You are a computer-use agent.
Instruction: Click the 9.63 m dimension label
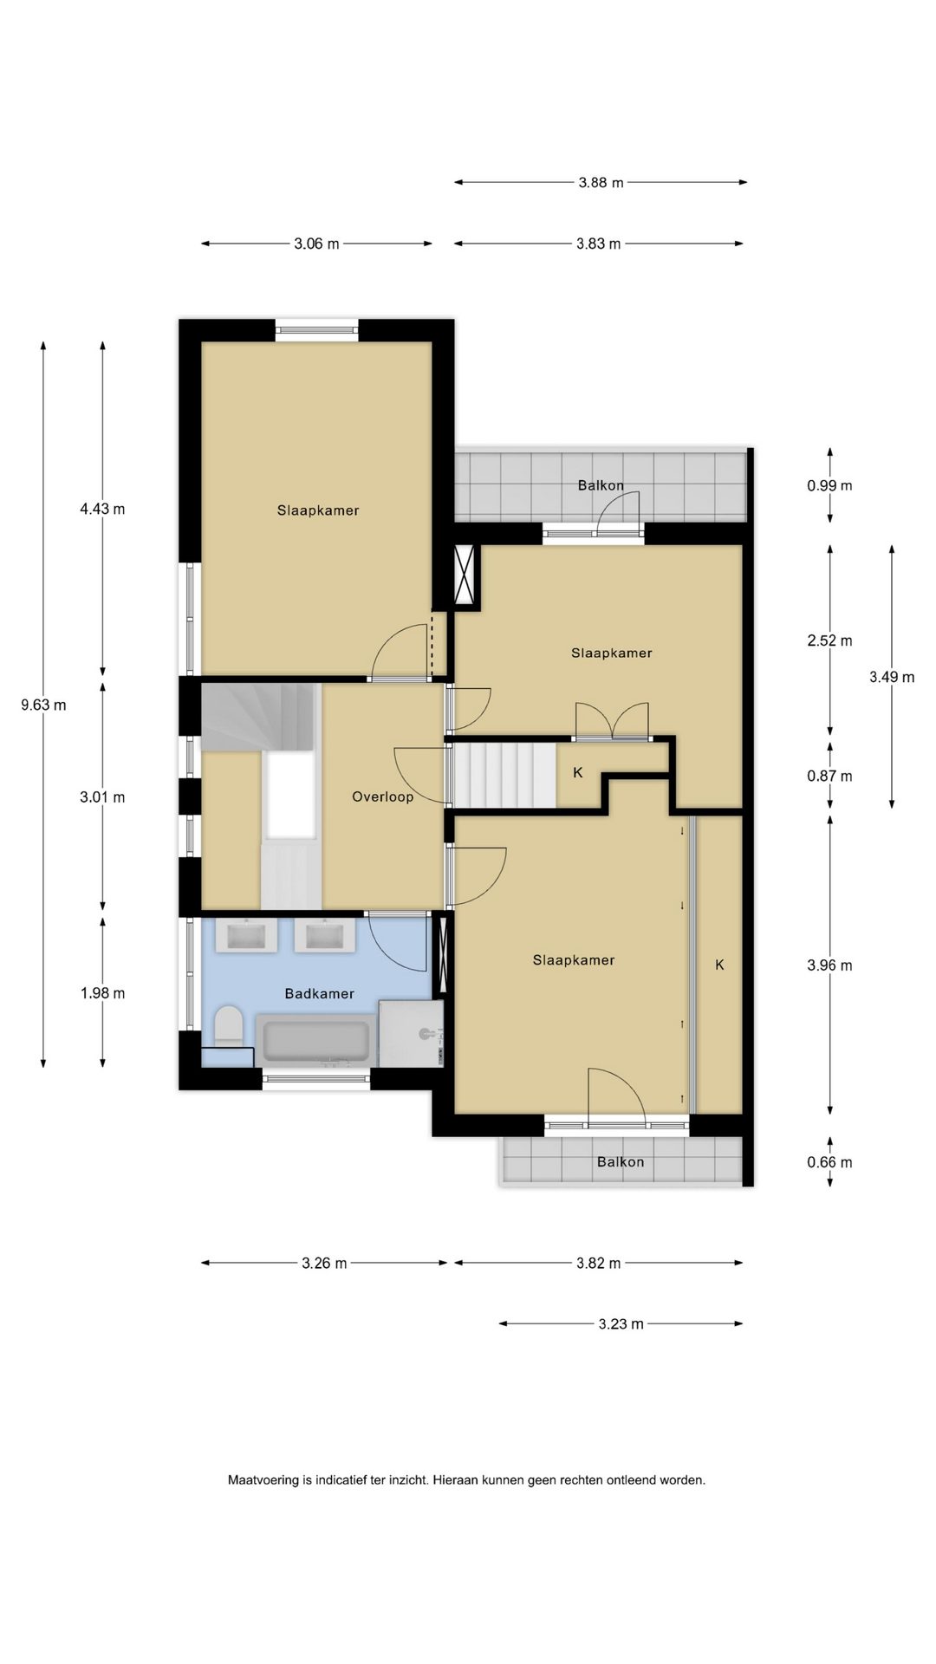point(43,705)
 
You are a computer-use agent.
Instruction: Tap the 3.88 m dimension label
point(601,182)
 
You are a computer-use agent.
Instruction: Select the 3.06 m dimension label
point(316,244)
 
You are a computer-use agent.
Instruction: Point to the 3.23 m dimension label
point(621,1323)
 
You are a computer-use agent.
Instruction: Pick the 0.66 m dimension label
point(829,1162)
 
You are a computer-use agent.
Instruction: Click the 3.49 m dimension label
point(892,677)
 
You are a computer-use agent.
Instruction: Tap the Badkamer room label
point(319,993)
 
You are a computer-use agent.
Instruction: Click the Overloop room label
point(382,796)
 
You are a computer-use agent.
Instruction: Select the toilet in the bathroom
point(229,1025)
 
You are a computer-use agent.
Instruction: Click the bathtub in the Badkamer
point(316,1042)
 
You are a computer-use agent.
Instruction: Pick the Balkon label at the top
point(601,485)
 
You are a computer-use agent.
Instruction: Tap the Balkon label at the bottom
point(621,1161)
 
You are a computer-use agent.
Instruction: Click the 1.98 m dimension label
point(102,993)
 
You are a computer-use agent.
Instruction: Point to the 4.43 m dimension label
point(102,509)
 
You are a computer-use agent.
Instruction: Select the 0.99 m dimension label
point(829,485)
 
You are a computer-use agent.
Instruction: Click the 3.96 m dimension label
point(829,965)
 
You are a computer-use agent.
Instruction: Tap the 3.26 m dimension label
point(324,1263)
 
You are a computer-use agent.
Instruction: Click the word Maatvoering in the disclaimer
point(263,1480)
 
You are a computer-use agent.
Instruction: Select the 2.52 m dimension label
point(829,640)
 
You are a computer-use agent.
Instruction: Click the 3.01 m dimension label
point(102,796)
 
